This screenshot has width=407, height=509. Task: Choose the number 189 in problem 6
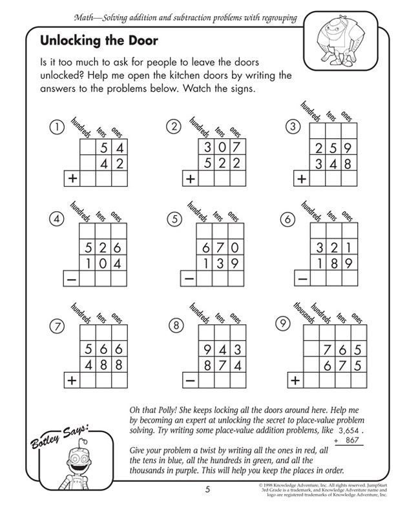(329, 263)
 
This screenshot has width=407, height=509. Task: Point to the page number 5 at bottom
(205, 488)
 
